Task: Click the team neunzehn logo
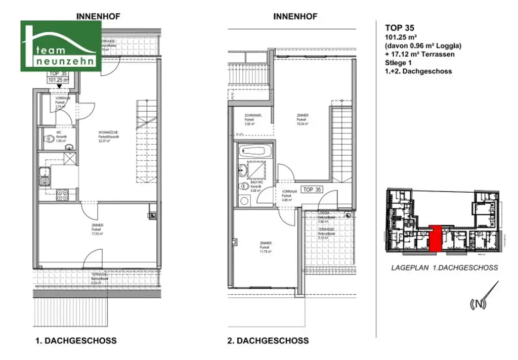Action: click(x=61, y=46)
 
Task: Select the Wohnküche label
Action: click(x=105, y=137)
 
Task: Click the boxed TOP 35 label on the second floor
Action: click(x=312, y=190)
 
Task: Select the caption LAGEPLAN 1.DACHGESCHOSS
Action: click(x=445, y=268)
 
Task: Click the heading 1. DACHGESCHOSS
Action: click(x=75, y=341)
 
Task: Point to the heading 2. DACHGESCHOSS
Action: click(x=268, y=341)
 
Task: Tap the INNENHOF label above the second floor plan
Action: click(x=295, y=16)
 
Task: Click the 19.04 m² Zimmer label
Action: click(x=303, y=119)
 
